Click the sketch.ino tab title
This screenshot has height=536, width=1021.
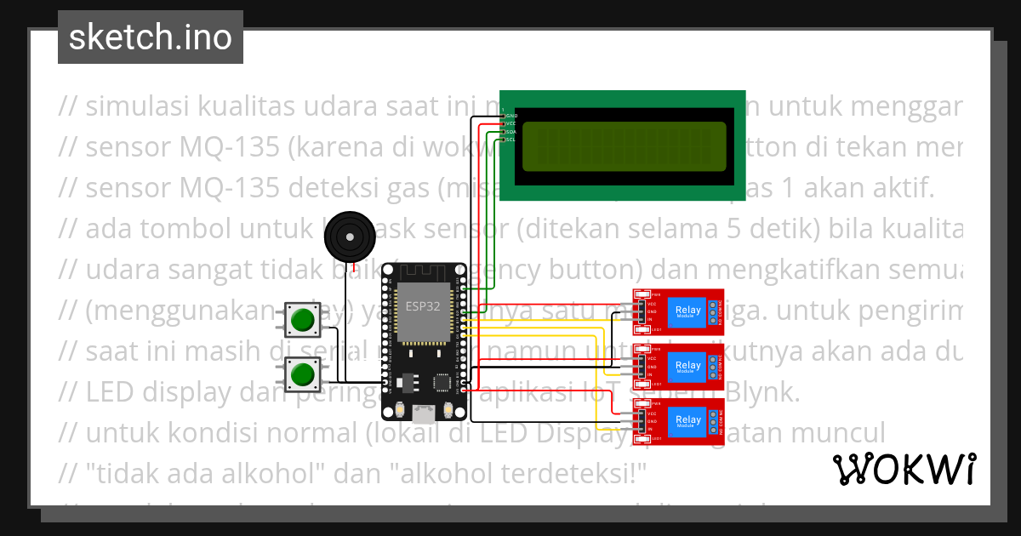(x=150, y=37)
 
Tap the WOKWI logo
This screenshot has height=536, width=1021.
(x=904, y=469)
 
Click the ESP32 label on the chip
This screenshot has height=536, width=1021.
(x=423, y=306)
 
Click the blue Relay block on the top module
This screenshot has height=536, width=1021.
(x=687, y=311)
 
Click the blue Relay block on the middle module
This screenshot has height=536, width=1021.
(x=687, y=366)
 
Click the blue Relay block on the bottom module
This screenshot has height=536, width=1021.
(x=687, y=419)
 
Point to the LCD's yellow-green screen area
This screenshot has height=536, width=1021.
(x=624, y=145)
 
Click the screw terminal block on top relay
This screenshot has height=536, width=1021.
(x=712, y=311)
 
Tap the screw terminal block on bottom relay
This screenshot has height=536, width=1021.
(x=712, y=419)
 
